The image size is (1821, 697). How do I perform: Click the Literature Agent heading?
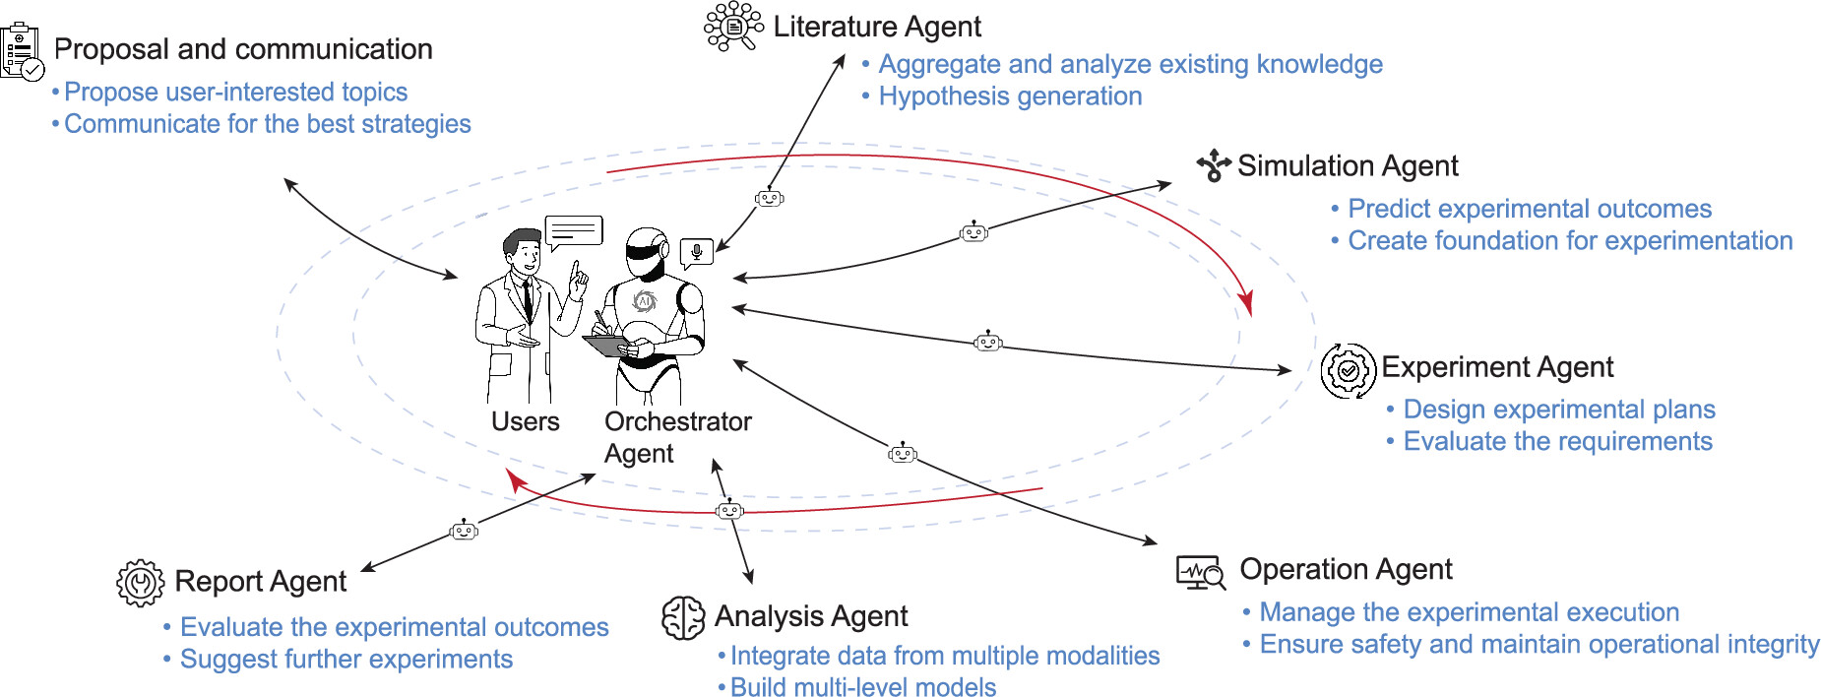(876, 27)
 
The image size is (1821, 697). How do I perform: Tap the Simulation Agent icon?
(1214, 165)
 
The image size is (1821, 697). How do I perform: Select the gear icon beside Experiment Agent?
(1348, 370)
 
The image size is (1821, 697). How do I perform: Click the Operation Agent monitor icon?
(1201, 572)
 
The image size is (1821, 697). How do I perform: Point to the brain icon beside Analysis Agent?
(683, 618)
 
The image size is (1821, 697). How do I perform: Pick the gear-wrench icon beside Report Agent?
(140, 582)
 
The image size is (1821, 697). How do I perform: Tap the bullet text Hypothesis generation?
(1010, 96)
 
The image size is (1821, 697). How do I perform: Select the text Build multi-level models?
(862, 687)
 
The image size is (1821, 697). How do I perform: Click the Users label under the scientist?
(525, 421)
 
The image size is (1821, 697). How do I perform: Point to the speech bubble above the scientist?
(574, 231)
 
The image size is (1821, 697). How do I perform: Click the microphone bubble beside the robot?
(696, 252)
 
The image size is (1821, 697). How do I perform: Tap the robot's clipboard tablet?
(606, 346)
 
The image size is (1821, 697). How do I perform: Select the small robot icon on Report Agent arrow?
(464, 531)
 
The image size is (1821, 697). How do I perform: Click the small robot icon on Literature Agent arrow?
(769, 198)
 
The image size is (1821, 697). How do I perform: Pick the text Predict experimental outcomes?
(1529, 209)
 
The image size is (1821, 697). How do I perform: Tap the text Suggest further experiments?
(345, 659)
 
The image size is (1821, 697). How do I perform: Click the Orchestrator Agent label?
(677, 437)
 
